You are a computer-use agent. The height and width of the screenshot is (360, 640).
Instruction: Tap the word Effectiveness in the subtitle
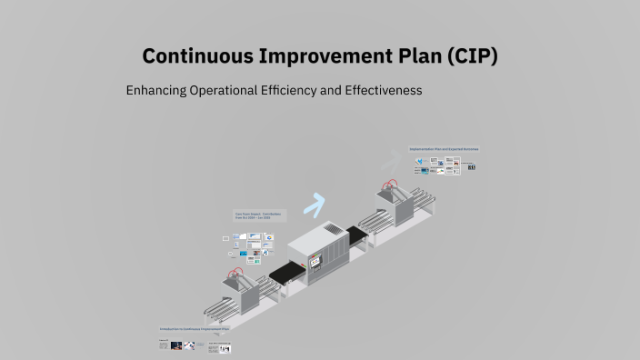pyautogui.click(x=384, y=92)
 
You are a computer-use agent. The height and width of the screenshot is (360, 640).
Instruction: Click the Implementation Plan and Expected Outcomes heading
pyautogui.click(x=444, y=148)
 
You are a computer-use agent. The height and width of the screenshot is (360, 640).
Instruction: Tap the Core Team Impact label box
pyautogui.click(x=259, y=216)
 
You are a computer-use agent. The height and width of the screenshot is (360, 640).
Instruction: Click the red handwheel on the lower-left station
pyautogui.click(x=237, y=271)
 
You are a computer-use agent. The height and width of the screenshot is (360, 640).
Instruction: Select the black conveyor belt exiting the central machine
pyautogui.click(x=357, y=236)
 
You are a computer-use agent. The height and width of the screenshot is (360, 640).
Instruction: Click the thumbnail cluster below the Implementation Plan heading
pyautogui.click(x=445, y=165)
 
